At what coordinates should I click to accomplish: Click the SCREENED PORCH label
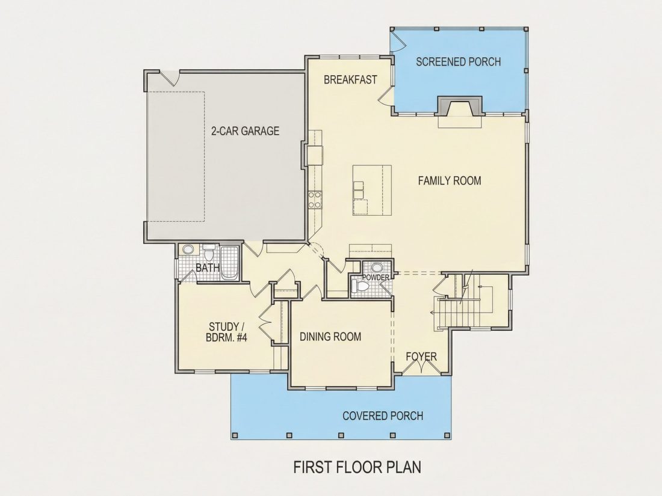tap(459, 62)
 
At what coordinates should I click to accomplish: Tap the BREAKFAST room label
tap(350, 80)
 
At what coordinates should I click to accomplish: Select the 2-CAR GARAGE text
tap(246, 131)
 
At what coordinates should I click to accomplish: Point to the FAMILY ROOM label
tap(450, 181)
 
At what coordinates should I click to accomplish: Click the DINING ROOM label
tap(330, 337)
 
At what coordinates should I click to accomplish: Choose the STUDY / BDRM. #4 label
tap(227, 332)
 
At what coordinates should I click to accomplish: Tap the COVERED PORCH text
tap(383, 416)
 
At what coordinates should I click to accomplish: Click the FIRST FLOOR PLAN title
tap(357, 467)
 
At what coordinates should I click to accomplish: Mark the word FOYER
tap(421, 357)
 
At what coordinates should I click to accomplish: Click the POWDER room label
tap(376, 278)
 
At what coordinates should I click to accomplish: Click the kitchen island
tap(372, 190)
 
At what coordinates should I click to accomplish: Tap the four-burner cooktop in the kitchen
tap(315, 200)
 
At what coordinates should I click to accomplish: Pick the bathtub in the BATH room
tap(229, 263)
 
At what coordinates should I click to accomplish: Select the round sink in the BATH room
tap(188, 250)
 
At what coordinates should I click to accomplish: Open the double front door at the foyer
tap(421, 367)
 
